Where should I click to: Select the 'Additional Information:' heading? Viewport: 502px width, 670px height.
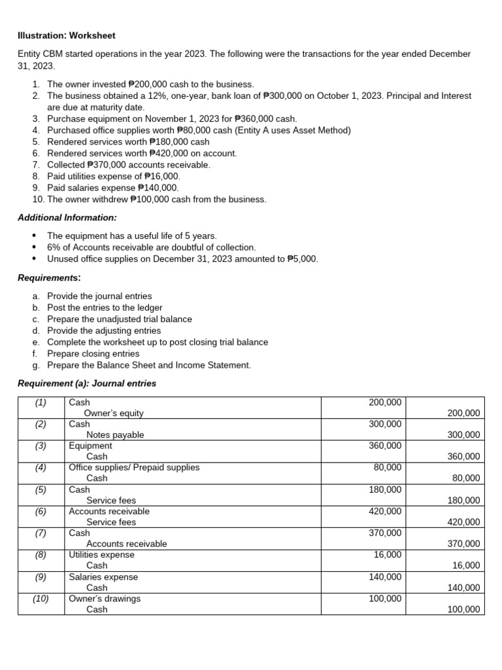67,217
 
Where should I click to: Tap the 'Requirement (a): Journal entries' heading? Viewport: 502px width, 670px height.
87,383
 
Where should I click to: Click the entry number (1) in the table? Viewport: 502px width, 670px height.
41,402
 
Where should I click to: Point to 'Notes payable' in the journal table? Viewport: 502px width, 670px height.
115,434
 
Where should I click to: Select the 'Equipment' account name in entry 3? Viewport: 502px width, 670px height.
90,446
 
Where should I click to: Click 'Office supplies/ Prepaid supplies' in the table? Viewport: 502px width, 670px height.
134,467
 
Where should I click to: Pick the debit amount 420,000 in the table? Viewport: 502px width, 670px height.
385,511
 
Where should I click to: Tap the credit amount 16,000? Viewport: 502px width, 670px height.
465,565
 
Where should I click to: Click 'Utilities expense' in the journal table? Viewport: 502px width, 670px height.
101,554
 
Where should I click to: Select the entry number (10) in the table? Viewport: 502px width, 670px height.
41,598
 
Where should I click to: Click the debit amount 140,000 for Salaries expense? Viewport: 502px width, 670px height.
385,576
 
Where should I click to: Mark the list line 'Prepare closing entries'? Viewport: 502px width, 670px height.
93,353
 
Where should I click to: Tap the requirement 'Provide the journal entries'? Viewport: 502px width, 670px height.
99,296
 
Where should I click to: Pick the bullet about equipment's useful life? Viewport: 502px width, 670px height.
131,236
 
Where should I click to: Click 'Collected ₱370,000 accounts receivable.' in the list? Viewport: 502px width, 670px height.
128,164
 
